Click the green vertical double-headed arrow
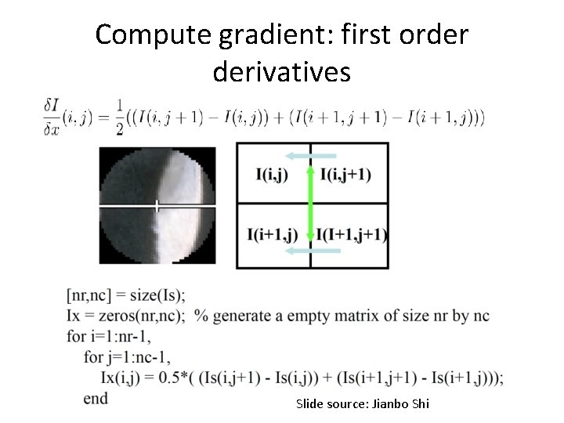point(310,203)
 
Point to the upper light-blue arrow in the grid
point(310,156)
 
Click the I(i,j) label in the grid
point(271,175)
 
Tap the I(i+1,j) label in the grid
point(272,234)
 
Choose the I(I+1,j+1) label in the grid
point(351,234)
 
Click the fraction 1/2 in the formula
point(119,117)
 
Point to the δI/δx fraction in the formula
point(52,117)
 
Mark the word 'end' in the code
point(95,399)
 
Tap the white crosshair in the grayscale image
point(157,206)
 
